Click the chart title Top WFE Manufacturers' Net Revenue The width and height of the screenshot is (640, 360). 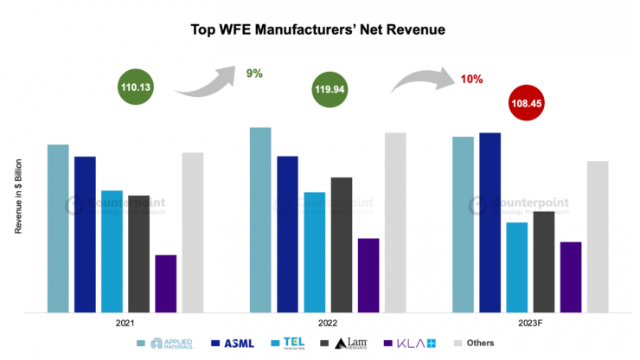319,30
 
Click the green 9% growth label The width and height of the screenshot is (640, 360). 254,73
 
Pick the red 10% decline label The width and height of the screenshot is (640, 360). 471,80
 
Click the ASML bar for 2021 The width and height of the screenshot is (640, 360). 85,234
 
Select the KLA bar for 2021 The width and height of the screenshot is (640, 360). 166,283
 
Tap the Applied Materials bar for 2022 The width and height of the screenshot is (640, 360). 260,220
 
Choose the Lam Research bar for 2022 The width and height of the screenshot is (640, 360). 342,244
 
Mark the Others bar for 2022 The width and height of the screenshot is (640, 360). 395,222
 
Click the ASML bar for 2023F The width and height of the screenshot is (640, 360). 490,222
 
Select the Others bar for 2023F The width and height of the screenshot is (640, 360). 598,236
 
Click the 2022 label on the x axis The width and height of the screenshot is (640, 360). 328,322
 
